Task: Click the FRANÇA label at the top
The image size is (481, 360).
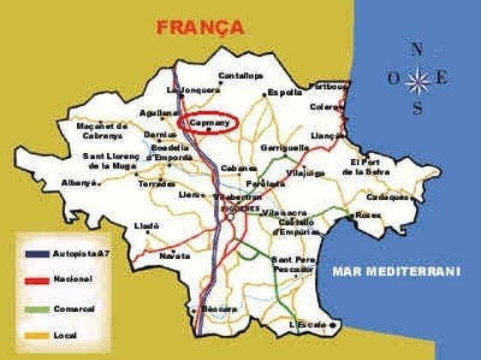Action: click(x=200, y=27)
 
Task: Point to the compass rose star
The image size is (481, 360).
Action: click(x=418, y=80)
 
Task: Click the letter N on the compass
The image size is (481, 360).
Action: click(x=417, y=50)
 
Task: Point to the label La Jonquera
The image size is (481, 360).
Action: click(x=186, y=90)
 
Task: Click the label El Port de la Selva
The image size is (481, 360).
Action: click(x=366, y=167)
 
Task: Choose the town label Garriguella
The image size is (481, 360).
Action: click(x=285, y=147)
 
